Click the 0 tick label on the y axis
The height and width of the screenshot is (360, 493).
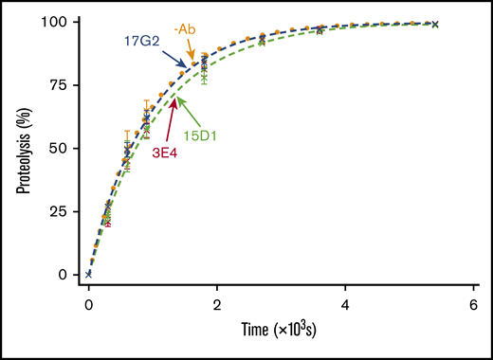(64, 275)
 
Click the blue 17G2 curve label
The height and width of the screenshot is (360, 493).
(142, 42)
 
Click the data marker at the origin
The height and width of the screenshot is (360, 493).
(88, 274)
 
